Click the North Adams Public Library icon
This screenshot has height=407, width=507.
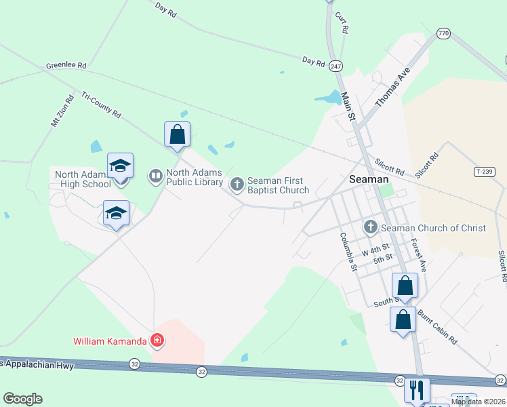155,177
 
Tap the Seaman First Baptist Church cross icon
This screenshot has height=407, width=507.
237,183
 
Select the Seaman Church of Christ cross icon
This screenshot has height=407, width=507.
371,227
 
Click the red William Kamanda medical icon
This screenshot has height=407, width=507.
157,341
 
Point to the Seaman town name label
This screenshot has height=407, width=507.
369,179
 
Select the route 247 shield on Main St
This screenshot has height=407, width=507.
335,66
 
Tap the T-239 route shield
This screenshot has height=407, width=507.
484,172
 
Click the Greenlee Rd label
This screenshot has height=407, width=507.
66,66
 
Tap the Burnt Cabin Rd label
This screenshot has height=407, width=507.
437,328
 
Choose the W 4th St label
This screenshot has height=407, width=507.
376,250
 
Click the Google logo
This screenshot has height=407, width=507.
22,399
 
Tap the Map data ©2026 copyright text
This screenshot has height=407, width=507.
479,402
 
